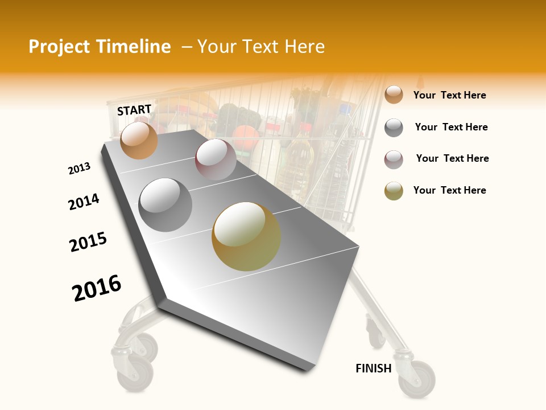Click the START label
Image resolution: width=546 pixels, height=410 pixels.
[134, 110]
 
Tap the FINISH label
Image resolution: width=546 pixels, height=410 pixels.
[374, 368]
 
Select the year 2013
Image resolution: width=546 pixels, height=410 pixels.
[79, 169]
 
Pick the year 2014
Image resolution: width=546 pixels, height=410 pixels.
[84, 202]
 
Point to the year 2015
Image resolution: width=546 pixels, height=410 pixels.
[88, 242]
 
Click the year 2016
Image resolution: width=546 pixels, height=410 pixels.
[97, 288]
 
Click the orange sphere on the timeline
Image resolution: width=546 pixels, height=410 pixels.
[139, 140]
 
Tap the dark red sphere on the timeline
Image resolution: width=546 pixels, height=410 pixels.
[216, 159]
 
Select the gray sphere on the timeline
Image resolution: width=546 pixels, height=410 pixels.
[166, 204]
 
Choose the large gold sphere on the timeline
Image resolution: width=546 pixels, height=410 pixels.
[246, 236]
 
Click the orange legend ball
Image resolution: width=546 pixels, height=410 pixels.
[394, 95]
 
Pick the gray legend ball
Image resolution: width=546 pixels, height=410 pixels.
[394, 128]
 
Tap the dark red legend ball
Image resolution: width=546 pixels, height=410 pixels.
[394, 159]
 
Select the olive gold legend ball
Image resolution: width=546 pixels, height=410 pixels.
[394, 191]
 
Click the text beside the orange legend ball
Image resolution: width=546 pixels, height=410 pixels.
[449, 95]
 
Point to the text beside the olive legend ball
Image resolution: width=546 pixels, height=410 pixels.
[449, 190]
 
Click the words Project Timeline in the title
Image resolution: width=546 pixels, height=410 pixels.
[100, 47]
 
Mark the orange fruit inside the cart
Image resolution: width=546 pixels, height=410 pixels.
[246, 137]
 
